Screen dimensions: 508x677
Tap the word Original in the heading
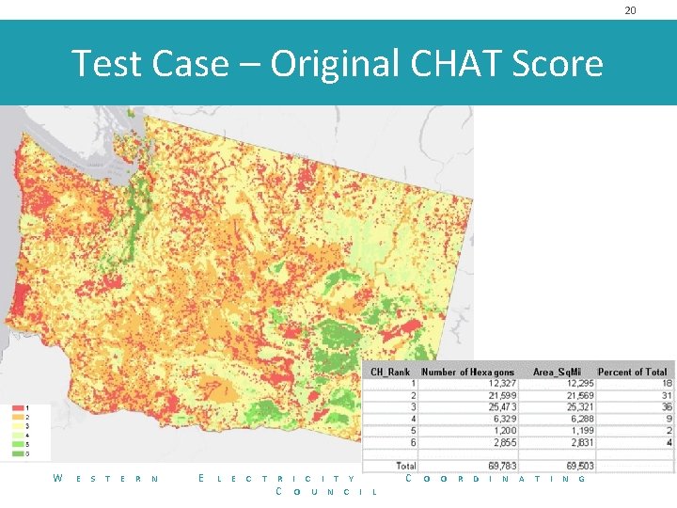coord(336,64)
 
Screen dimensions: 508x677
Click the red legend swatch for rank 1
coord(18,407)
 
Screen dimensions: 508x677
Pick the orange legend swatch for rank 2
coord(18,417)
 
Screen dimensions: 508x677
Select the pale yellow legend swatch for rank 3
coord(18,426)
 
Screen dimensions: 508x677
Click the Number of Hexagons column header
coord(467,372)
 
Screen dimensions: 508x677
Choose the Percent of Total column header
coord(632,372)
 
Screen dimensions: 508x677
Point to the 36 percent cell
coord(667,406)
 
